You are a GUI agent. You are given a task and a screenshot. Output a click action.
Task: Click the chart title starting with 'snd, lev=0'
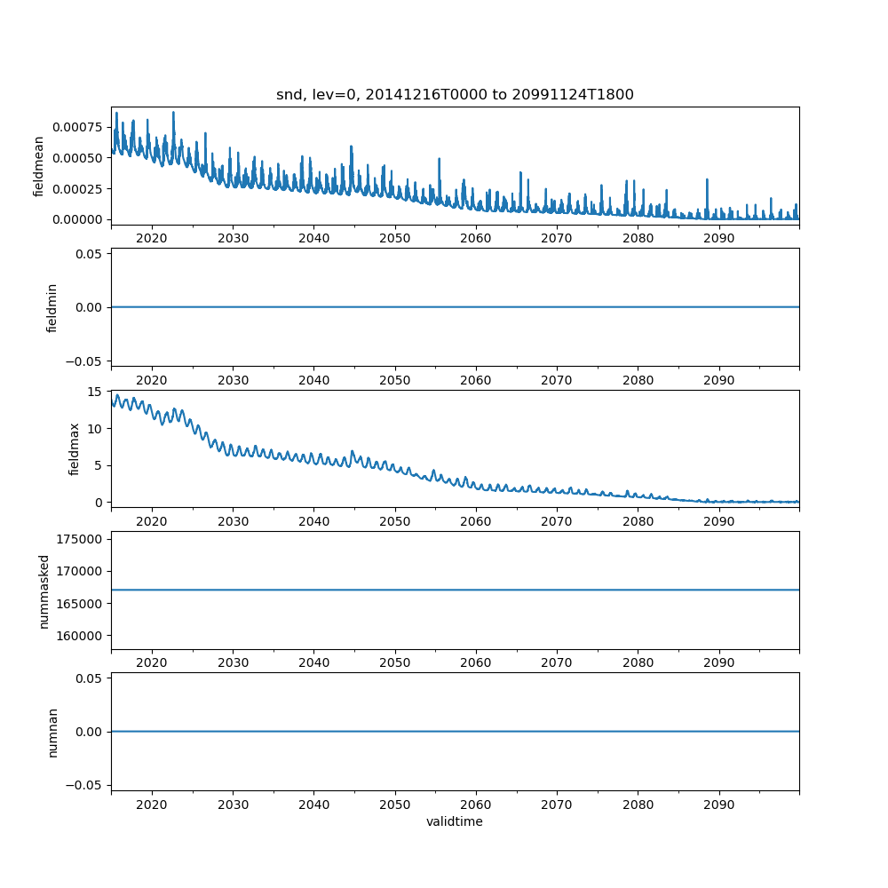(x=455, y=95)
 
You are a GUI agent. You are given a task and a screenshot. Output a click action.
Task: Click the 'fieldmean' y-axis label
(x=39, y=166)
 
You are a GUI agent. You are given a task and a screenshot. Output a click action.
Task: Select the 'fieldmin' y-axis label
(x=52, y=307)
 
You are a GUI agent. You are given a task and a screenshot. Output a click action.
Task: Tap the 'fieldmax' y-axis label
(x=75, y=448)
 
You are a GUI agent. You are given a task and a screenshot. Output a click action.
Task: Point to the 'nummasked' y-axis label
(x=44, y=591)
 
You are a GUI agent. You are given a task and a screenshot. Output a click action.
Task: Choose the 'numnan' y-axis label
(x=52, y=732)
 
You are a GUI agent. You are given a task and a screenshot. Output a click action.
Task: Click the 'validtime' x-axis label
(x=455, y=822)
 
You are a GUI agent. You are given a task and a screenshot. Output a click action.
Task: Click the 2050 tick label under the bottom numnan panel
(x=395, y=805)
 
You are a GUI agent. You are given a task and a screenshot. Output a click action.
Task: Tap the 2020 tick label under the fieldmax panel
(x=152, y=522)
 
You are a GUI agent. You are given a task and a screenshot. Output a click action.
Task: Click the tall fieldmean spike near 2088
(x=707, y=180)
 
